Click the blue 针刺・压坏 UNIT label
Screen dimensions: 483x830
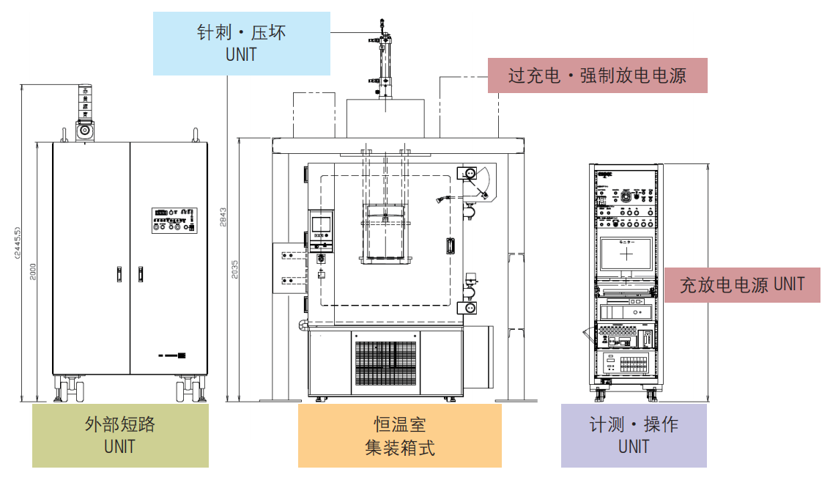coord(241,43)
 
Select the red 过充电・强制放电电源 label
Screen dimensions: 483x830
coord(597,75)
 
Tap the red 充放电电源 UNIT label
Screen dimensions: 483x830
coord(742,284)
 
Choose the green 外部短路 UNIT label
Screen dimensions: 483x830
coord(120,435)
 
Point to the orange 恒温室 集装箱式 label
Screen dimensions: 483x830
coord(399,435)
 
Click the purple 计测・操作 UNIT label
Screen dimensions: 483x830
coord(634,435)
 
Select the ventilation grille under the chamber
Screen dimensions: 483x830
coord(386,363)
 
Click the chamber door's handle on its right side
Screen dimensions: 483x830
coord(451,246)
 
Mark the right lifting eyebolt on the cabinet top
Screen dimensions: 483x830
coord(196,135)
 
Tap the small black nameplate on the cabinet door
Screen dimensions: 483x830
coord(181,356)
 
